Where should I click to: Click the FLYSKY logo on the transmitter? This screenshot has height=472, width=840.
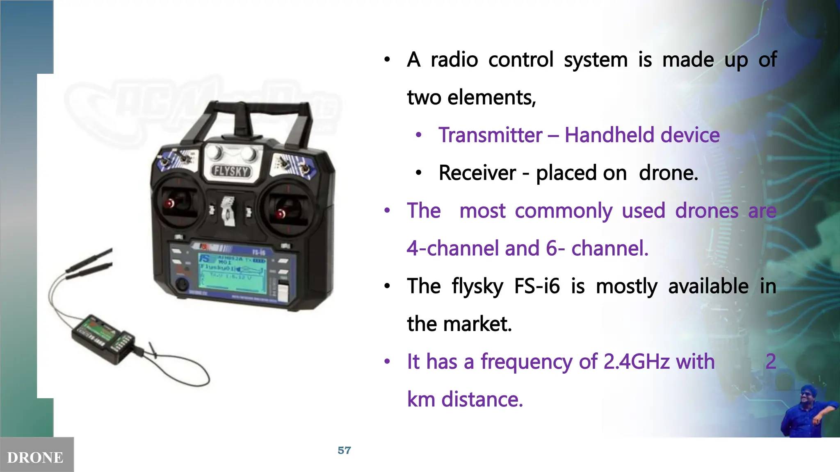coord(231,171)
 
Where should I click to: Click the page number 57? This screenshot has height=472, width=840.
coord(344,451)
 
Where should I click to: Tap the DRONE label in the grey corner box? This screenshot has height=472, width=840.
coord(35,458)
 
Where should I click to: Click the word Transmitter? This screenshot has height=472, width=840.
coord(490,135)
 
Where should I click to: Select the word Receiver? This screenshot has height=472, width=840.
coord(477,173)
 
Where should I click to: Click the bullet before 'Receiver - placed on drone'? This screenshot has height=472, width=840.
coord(418,173)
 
